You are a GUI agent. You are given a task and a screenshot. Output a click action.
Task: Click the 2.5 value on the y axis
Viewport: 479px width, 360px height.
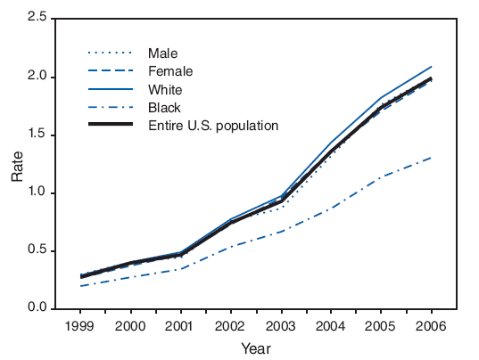37,20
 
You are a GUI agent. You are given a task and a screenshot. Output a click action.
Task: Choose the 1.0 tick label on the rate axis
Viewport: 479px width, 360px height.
37,193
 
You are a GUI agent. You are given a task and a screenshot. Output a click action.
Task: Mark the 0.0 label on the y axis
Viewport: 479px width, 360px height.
37,308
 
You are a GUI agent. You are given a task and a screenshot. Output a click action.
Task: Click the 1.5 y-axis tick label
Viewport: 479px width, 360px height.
37,135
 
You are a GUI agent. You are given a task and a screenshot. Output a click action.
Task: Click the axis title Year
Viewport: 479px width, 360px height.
255,348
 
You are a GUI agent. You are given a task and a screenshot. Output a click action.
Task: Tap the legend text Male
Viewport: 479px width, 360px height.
164,53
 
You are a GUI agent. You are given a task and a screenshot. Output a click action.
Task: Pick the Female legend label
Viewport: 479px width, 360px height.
170,71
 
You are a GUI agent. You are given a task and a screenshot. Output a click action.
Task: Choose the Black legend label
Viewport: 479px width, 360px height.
164,107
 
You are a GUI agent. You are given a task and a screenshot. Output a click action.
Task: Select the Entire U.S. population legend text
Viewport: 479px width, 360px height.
212,125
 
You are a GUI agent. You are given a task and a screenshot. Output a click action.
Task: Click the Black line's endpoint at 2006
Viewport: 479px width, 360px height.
433,157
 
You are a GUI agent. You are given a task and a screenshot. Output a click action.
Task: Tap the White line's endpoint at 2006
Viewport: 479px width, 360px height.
433,67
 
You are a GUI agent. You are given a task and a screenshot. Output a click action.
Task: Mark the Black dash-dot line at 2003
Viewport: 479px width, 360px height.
282,231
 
